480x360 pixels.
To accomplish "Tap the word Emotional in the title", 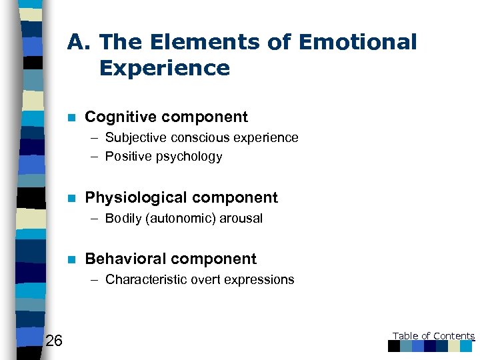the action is coord(358,42).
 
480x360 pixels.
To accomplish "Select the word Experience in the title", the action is coord(164,68).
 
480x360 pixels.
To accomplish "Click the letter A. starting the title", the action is coord(79,42).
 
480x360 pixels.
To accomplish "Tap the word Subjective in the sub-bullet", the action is coord(137,138).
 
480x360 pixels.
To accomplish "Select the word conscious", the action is coord(202,138).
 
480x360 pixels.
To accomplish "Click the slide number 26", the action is coord(54,342).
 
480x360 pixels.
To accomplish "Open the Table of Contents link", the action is coord(433,337).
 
